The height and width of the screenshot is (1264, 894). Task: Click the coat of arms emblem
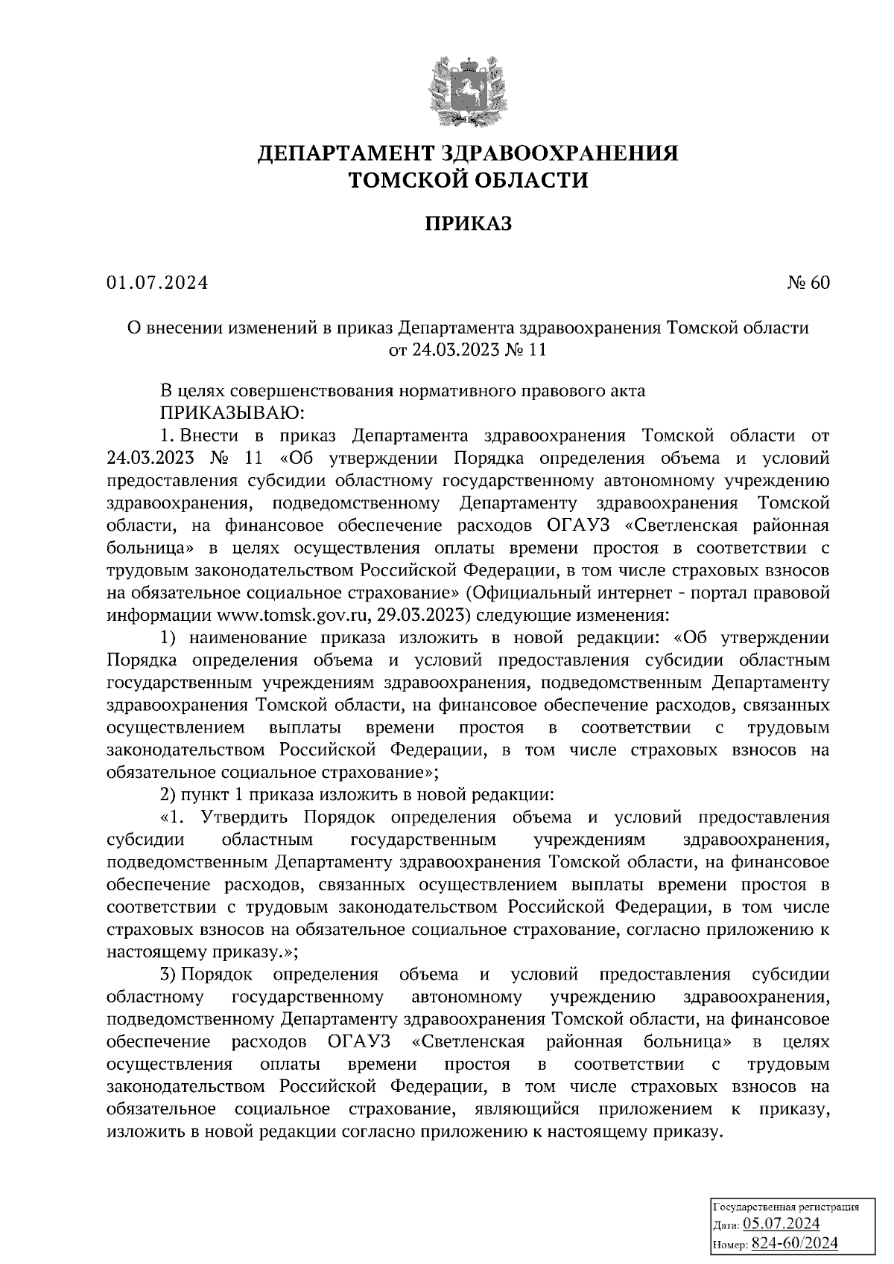(x=468, y=92)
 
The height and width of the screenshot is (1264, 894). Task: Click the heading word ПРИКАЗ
(x=468, y=224)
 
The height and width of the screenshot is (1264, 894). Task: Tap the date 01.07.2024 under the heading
(x=157, y=283)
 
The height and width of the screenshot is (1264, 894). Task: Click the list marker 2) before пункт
(x=171, y=794)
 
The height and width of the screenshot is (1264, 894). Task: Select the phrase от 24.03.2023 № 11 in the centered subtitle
(x=468, y=350)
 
